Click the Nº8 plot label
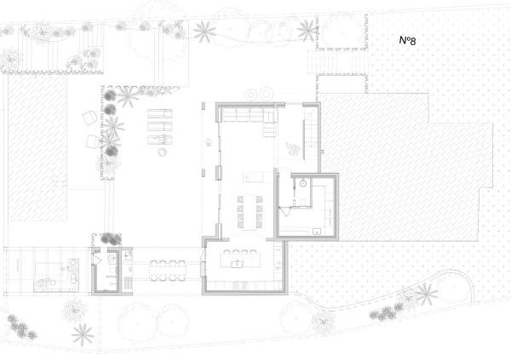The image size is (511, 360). pyautogui.click(x=407, y=40)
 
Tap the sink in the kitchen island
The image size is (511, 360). pyautogui.click(x=238, y=264)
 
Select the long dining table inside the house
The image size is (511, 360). pyautogui.click(x=250, y=212)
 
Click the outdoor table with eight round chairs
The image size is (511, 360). pyautogui.click(x=168, y=271)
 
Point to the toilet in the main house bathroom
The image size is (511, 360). pyautogui.click(x=302, y=203)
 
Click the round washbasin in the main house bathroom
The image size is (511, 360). pyautogui.click(x=303, y=183)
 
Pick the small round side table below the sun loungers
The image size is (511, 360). pyautogui.click(x=163, y=151)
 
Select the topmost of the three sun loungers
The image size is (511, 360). pyautogui.click(x=160, y=113)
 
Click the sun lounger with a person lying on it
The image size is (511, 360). pyautogui.click(x=160, y=140)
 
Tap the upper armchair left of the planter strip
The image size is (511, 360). pyautogui.click(x=89, y=117)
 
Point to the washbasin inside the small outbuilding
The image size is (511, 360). pyautogui.click(x=112, y=258)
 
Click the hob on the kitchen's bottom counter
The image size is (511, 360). pyautogui.click(x=240, y=286)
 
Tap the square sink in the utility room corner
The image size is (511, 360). pyautogui.click(x=317, y=231)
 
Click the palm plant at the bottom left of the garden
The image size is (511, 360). pyautogui.click(x=83, y=334)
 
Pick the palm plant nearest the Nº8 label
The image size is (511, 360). pyautogui.click(x=307, y=31)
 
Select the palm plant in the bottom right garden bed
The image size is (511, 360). pyautogui.click(x=427, y=294)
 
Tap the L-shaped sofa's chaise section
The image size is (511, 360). pyautogui.click(x=269, y=124)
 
